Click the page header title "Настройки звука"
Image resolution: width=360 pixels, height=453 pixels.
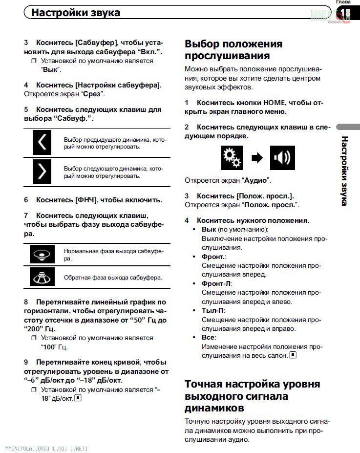coord(76,13)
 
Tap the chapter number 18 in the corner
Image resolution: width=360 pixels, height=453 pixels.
coord(345,13)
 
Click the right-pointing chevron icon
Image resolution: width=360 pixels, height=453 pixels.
coord(42,172)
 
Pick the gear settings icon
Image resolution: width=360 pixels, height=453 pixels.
coord(232,158)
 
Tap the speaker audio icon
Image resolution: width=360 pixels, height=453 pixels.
coord(282,158)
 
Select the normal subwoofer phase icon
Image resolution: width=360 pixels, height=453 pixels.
coord(42,255)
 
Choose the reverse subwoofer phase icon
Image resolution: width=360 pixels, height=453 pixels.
coord(42,277)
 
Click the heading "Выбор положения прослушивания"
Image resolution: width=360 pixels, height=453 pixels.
coord(233,50)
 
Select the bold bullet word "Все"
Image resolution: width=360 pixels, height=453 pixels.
coord(208,337)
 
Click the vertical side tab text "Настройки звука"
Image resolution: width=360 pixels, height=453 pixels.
coord(344,171)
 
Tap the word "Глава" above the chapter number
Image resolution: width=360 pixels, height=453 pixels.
coord(343,2)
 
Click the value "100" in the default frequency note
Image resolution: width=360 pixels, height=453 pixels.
coord(47,347)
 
